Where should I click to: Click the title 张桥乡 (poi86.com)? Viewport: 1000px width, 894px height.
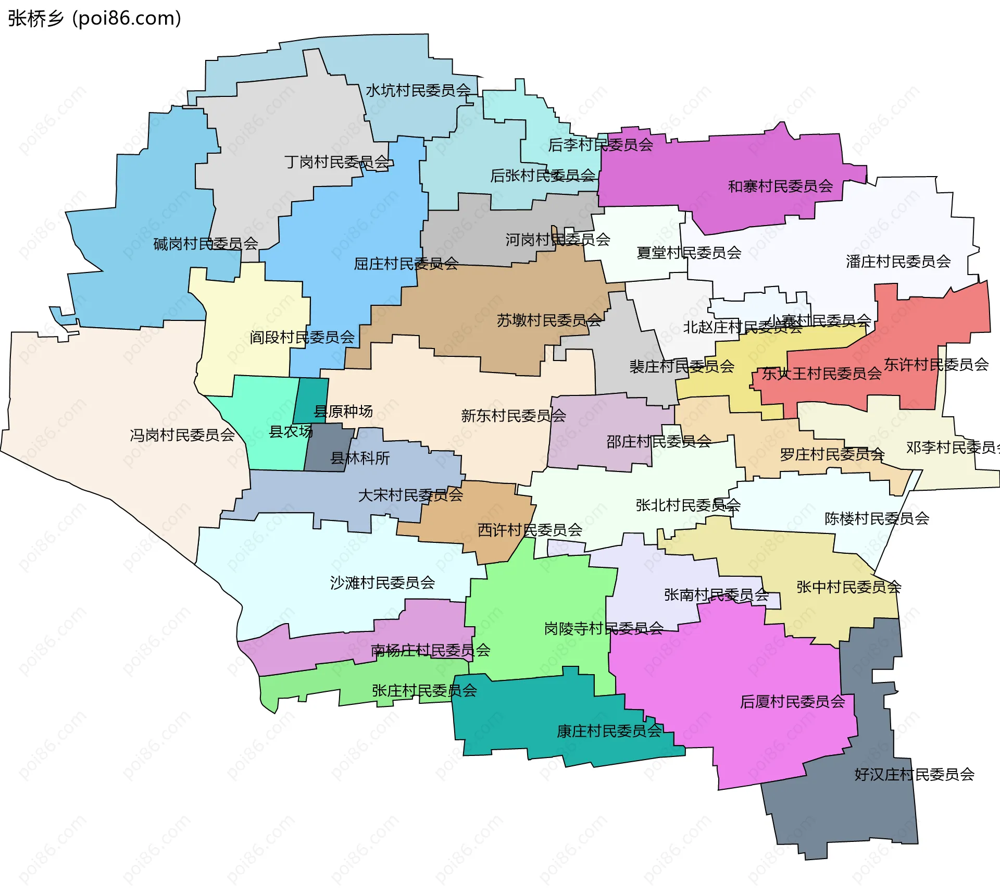94,18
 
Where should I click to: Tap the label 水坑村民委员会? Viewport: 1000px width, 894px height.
418,91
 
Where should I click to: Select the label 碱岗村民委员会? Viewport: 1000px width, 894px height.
206,243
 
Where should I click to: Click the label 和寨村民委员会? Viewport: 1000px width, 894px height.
780,186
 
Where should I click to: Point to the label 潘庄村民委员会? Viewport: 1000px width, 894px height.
898,261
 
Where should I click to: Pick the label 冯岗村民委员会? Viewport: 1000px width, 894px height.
182,434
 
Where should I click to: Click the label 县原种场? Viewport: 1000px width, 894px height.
343,411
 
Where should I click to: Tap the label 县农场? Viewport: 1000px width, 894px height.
291,431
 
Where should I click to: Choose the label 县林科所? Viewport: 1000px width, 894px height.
360,458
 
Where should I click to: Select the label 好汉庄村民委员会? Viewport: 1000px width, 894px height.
914,774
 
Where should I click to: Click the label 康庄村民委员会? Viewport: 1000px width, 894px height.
609,731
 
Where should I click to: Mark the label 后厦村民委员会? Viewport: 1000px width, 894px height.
792,701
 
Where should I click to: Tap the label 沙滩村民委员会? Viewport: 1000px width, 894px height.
382,582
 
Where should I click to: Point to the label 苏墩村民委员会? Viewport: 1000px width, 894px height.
549,320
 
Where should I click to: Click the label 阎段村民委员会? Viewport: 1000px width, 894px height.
302,337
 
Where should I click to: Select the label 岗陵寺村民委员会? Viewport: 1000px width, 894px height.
604,628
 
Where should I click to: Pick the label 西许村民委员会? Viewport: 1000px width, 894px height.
530,530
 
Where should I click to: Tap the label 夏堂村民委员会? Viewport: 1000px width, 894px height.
689,253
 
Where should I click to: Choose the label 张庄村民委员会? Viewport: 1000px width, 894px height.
424,690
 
